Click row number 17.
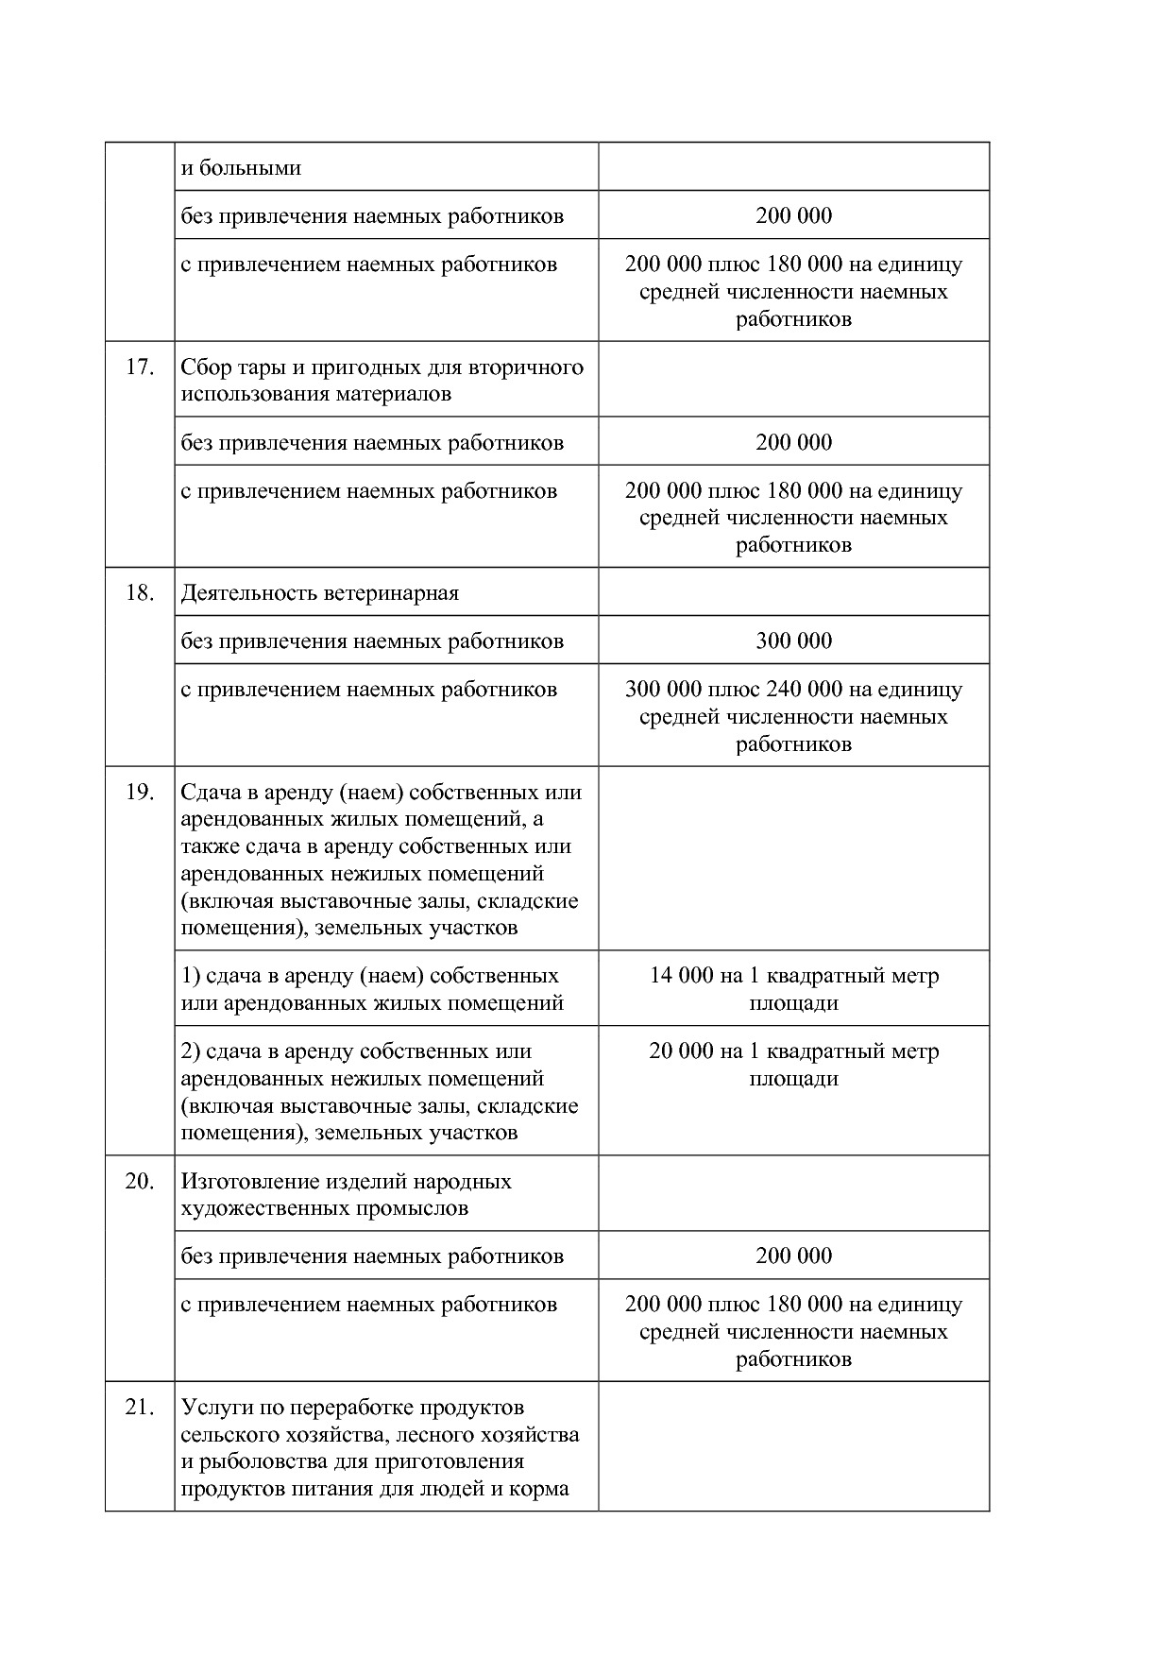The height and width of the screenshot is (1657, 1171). [140, 367]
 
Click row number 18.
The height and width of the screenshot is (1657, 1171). [140, 592]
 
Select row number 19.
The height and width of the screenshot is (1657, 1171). [140, 792]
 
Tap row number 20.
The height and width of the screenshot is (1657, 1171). [140, 1181]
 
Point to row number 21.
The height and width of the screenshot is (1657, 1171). [140, 1407]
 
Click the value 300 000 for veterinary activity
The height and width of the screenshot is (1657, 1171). [793, 641]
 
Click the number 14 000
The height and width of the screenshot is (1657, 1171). [681, 975]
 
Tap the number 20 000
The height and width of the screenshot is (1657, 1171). [681, 1051]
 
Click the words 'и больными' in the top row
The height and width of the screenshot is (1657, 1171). [241, 168]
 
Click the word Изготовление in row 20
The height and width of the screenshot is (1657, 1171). [250, 1181]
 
